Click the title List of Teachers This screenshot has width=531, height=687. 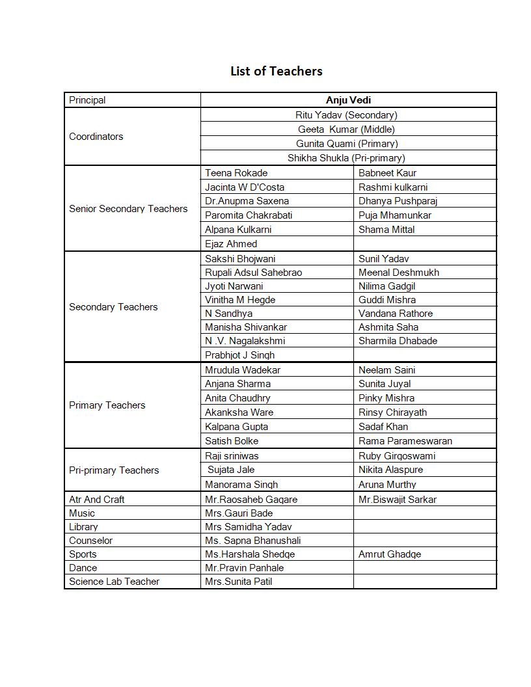tap(276, 71)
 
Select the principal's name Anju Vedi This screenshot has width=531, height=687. tap(348, 100)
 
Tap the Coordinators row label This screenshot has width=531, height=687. tap(96, 137)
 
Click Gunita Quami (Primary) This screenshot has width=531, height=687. tap(347, 144)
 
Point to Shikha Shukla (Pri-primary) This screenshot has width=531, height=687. tap(346, 158)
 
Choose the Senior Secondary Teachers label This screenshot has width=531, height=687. tap(128, 209)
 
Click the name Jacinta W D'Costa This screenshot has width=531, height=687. tap(245, 187)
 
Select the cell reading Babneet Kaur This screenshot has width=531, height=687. tap(387, 173)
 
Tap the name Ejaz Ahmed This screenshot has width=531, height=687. tap(231, 244)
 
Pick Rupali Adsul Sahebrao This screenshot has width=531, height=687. tap(253, 273)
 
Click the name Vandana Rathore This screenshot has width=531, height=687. tap(396, 314)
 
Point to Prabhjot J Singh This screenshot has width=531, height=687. tap(239, 355)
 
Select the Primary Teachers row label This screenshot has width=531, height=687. tap(107, 405)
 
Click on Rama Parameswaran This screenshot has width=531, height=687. tap(405, 441)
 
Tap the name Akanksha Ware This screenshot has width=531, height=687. tap(239, 412)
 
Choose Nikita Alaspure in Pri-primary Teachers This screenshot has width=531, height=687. tap(390, 470)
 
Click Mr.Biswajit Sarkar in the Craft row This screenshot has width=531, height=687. tap(398, 500)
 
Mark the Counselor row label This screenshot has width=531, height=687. tap(91, 541)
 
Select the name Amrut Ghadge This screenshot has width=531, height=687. tap(390, 554)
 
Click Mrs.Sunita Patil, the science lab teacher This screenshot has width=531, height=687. tap(238, 582)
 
